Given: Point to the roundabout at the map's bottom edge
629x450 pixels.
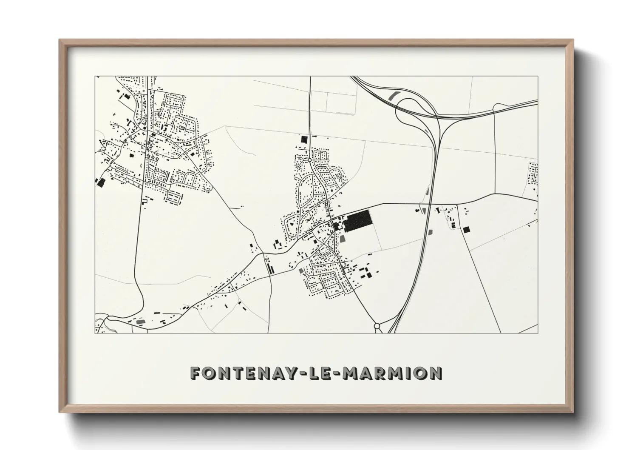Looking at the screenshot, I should [x=377, y=326].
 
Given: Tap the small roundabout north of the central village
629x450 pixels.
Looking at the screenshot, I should [x=310, y=159].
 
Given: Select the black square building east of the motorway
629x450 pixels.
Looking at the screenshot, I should [x=466, y=230].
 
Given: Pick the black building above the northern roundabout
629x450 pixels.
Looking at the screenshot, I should [x=303, y=139].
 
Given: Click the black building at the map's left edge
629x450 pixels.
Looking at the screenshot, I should [x=101, y=183].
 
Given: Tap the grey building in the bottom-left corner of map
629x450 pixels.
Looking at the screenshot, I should [x=139, y=322].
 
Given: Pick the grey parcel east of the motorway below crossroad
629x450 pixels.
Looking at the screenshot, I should [x=430, y=232].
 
